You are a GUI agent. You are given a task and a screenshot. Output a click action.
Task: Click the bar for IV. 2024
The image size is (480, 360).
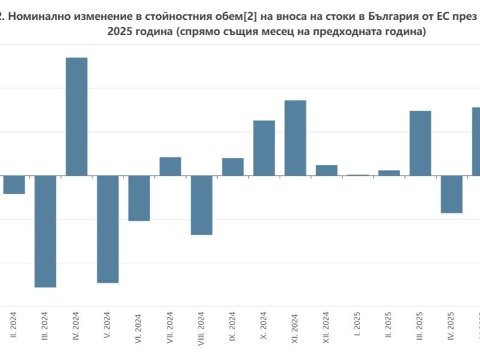76,116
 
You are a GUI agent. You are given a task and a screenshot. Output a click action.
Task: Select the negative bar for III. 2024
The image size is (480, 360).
45,231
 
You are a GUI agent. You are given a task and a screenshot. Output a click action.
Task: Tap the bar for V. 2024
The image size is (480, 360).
107,229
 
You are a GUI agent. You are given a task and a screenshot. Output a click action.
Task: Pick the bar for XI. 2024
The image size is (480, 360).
295,137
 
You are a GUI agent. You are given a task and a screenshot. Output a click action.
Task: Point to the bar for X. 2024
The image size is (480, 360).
264,148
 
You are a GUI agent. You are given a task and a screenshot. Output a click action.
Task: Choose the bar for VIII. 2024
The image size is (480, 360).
202,205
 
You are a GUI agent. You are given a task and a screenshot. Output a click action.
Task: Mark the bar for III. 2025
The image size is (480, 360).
420,143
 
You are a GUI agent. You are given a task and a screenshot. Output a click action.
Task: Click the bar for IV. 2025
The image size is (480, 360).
451,194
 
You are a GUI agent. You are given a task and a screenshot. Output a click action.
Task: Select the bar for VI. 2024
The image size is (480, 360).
139,198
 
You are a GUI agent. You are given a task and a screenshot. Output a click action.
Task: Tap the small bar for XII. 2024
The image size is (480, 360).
326,170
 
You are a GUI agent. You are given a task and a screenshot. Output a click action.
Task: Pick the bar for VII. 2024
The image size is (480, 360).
170,166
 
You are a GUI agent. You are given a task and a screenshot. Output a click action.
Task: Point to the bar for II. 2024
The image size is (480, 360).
14,184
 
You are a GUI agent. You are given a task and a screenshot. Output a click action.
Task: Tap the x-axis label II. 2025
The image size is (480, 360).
389,329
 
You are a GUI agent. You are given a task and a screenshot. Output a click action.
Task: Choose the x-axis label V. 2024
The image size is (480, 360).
107,329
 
